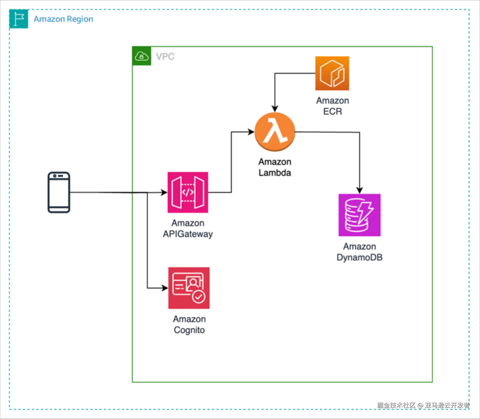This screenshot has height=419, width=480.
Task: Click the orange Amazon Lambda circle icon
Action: click(274, 132)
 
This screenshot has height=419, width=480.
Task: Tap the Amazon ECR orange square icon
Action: click(332, 73)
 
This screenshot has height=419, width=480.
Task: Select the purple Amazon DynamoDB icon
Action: click(359, 215)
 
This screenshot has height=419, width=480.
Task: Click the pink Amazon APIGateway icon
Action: click(188, 192)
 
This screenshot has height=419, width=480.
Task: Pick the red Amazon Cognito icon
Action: click(189, 288)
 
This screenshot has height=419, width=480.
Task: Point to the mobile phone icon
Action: click(59, 192)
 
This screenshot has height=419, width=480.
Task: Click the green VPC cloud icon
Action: click(142, 56)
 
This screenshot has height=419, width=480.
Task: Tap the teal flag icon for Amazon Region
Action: click(19, 19)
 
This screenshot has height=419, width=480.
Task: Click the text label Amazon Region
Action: click(63, 19)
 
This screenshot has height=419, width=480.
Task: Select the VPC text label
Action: click(165, 57)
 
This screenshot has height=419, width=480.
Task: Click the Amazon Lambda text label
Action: click(275, 167)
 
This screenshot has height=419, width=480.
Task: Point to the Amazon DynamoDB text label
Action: click(359, 252)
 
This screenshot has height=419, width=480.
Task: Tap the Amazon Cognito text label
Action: click(189, 324)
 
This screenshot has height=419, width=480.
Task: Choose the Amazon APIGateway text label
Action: click(188, 229)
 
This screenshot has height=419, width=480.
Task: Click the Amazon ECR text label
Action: click(332, 106)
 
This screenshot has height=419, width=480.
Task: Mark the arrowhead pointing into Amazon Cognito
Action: click(165, 288)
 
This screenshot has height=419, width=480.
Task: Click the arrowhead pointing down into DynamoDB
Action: click(359, 190)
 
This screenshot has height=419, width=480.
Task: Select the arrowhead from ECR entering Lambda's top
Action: click(275, 108)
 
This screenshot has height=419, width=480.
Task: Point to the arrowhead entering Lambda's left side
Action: click(251, 132)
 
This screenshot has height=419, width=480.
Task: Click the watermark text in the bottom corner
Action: click(423, 405)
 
